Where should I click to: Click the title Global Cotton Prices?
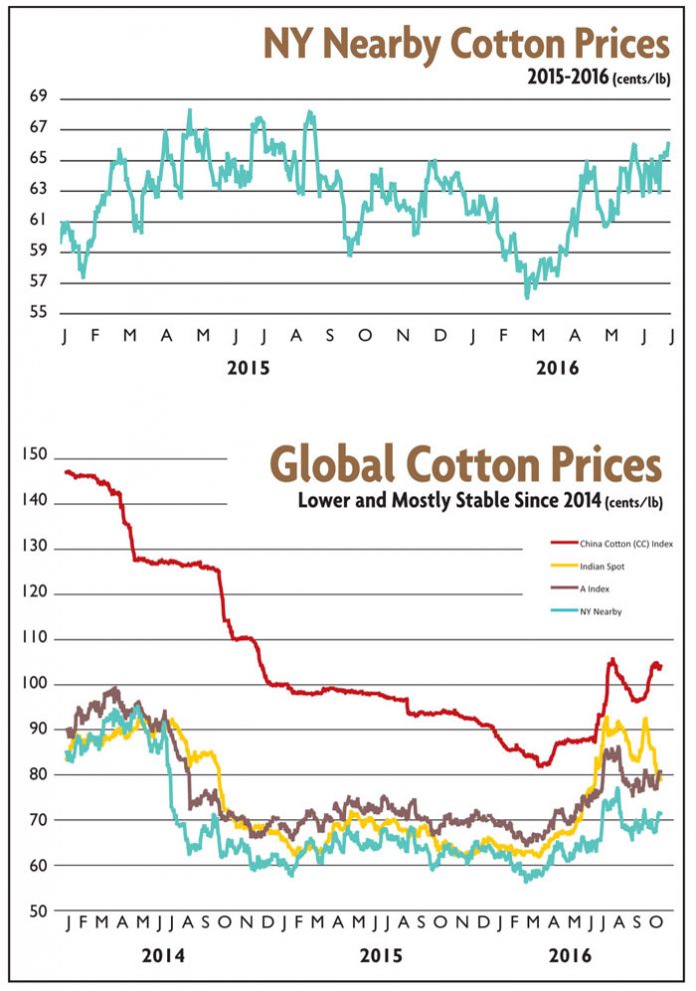pos(466,467)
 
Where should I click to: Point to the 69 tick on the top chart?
pos(40,98)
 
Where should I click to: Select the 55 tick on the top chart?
pos(40,313)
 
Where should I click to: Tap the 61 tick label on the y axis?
pos(40,221)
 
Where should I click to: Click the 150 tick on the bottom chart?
pos(34,456)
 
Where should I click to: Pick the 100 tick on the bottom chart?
pos(34,684)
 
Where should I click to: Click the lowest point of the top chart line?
pos(527,297)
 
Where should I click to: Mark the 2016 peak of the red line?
pos(611,659)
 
